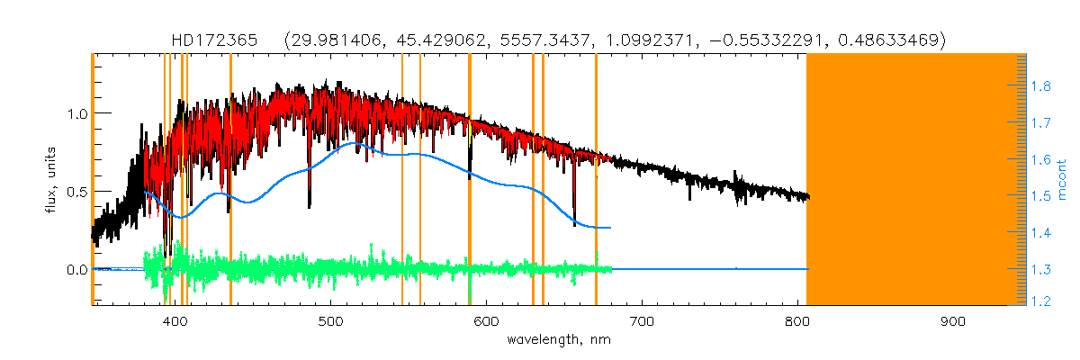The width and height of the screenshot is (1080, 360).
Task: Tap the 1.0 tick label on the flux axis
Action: [76, 113]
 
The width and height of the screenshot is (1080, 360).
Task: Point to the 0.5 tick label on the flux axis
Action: [76, 192]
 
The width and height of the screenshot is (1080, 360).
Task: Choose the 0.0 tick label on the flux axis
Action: [76, 270]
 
